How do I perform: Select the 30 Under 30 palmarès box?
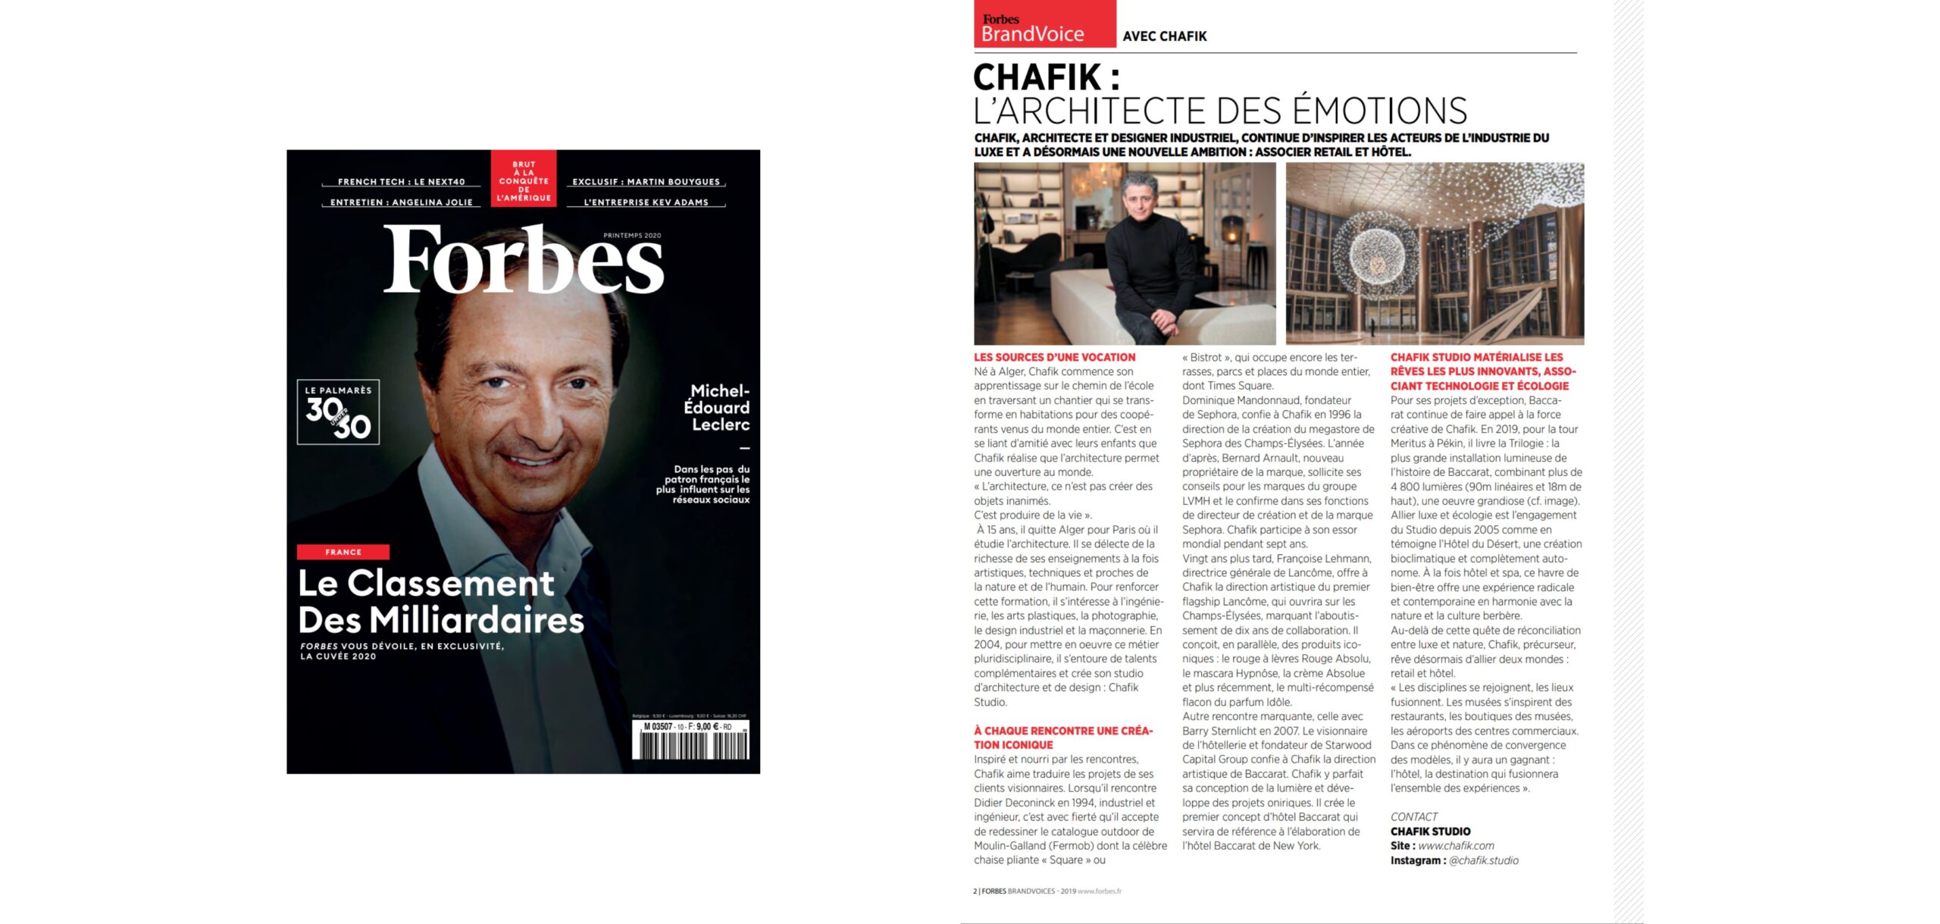338,412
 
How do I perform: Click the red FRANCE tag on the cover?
343,552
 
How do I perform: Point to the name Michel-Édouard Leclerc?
716,408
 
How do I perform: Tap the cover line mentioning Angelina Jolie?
401,202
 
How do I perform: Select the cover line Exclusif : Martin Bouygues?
646,182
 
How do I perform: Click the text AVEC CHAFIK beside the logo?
1164,36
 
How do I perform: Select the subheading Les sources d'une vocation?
1054,357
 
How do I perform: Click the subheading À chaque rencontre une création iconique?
1062,738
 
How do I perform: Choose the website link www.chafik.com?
1456,846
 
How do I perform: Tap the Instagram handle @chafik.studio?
1483,860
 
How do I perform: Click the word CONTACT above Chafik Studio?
1413,817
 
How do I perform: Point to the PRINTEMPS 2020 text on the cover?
632,236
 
